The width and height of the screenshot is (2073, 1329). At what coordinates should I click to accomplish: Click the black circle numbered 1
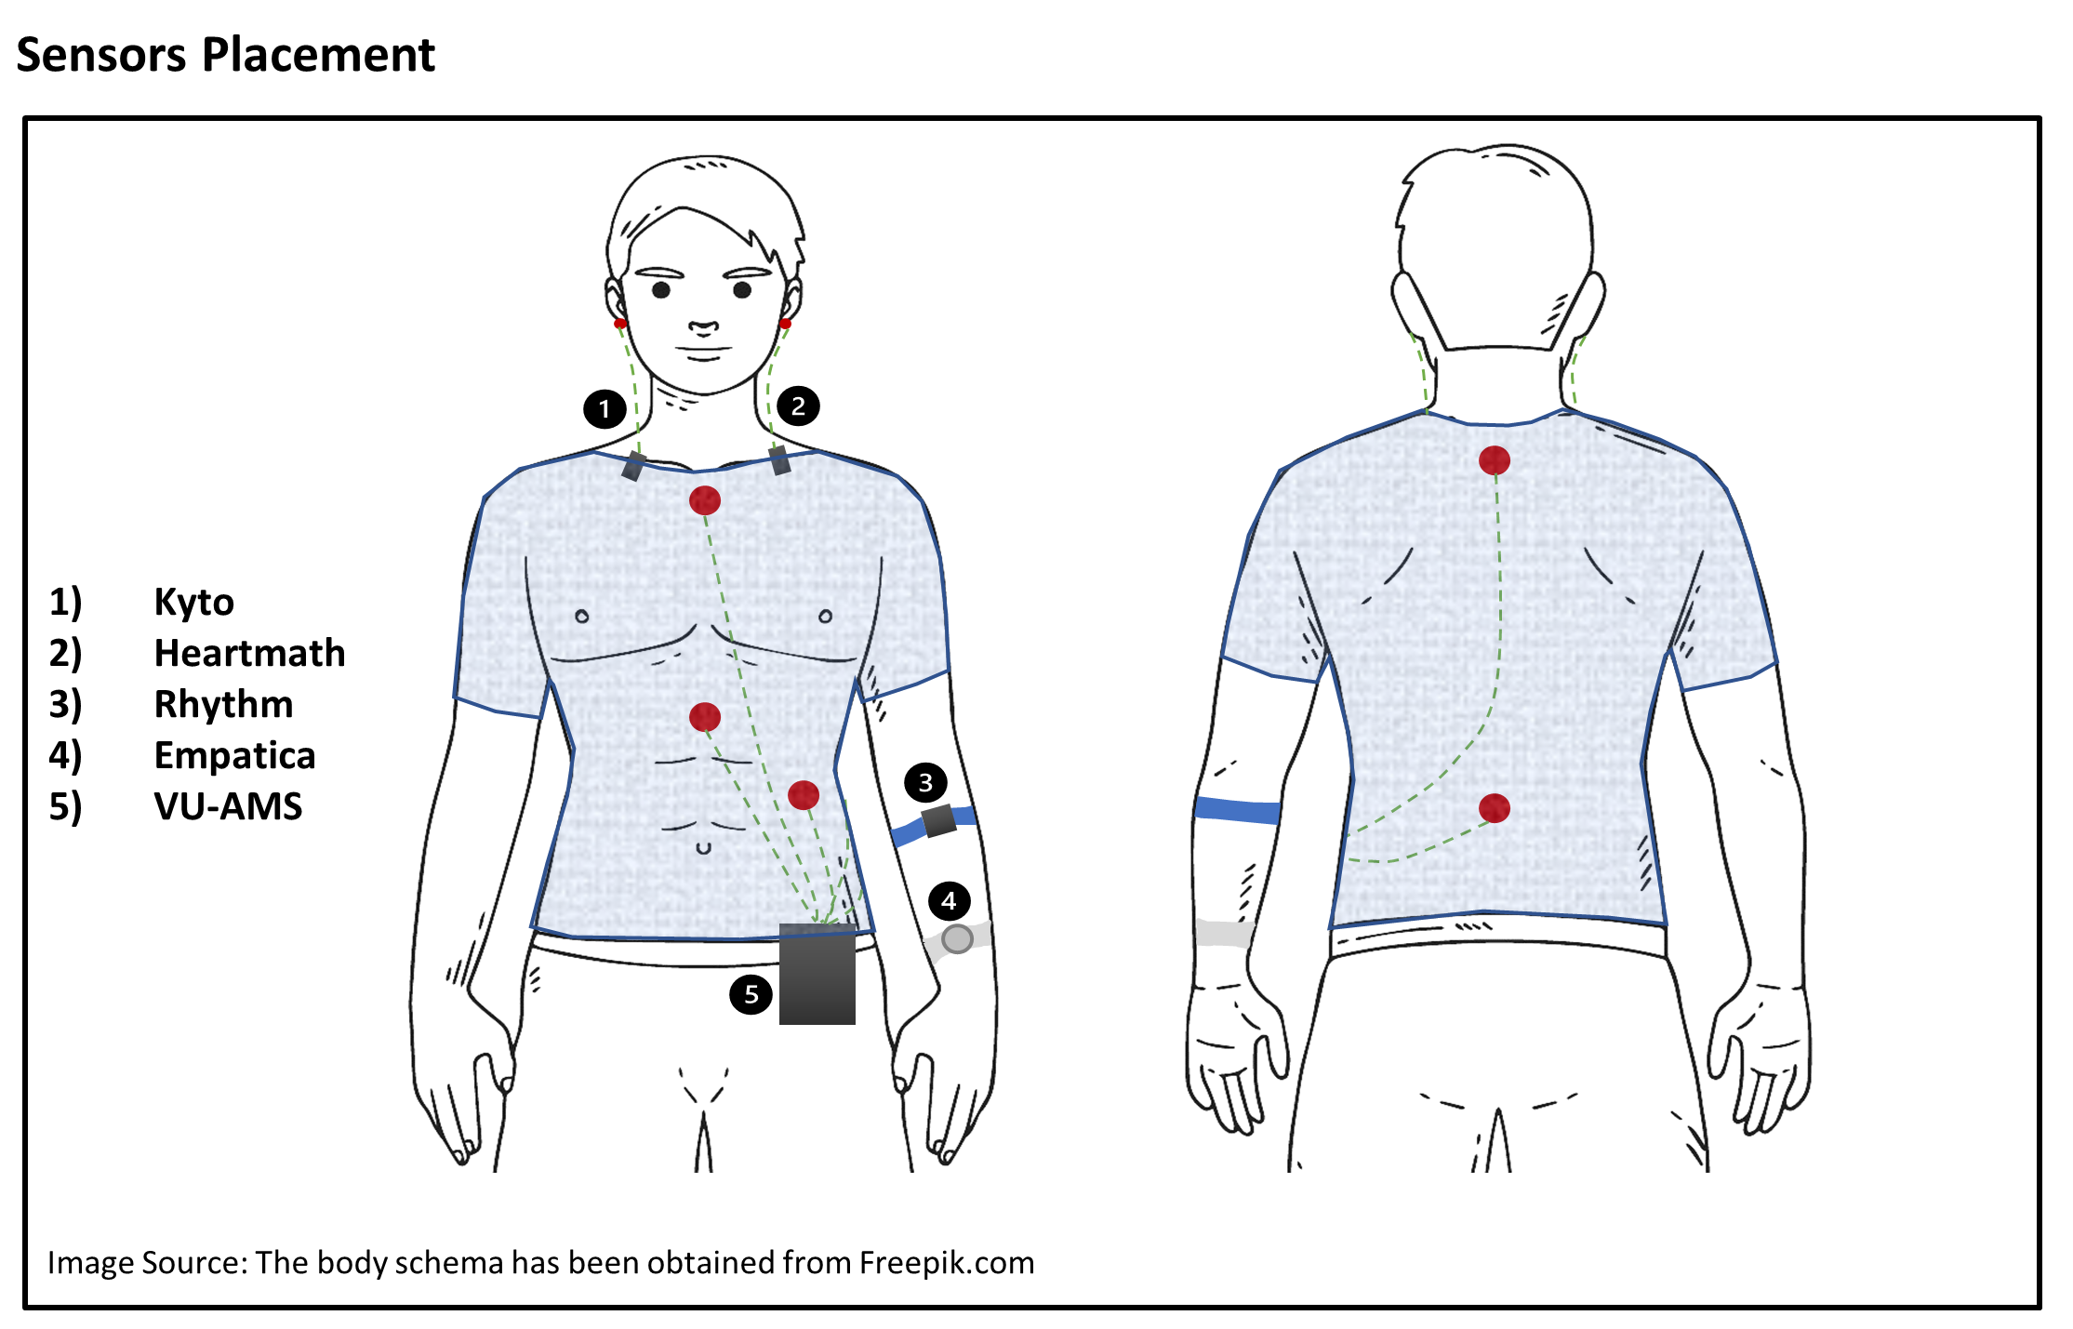click(x=605, y=408)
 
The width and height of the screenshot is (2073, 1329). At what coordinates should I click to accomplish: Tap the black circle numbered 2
click(x=798, y=405)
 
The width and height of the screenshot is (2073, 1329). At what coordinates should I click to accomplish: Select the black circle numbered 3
click(x=925, y=783)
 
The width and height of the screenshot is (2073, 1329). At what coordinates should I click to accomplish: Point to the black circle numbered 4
click(x=949, y=900)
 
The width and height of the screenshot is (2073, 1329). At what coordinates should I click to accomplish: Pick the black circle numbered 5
click(x=751, y=994)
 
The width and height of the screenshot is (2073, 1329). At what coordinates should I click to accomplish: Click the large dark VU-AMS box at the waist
click(x=817, y=975)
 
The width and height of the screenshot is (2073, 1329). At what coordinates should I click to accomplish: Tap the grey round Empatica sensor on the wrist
click(x=957, y=939)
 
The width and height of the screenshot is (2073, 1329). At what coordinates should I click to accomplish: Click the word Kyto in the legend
click(x=193, y=603)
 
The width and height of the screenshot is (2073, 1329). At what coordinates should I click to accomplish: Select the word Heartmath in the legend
click(x=249, y=653)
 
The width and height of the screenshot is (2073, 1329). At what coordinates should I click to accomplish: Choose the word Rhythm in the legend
click(x=223, y=705)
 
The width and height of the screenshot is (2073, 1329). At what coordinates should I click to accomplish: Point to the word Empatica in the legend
click(x=234, y=756)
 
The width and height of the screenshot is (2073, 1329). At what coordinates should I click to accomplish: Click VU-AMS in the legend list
click(x=228, y=806)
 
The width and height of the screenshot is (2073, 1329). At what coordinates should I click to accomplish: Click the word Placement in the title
click(x=319, y=55)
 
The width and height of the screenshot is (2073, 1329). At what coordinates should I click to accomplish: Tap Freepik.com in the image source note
click(x=947, y=1263)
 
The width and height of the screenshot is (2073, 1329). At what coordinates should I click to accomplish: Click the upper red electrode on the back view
click(x=1495, y=460)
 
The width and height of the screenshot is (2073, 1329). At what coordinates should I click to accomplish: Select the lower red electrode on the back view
click(x=1495, y=808)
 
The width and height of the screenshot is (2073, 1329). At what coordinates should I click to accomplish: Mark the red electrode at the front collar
click(x=705, y=500)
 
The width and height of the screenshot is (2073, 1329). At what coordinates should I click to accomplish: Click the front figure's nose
click(x=703, y=327)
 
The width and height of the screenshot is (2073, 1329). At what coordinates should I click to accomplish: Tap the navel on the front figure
click(x=704, y=848)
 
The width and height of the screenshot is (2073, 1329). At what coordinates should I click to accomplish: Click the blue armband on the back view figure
click(x=1237, y=810)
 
